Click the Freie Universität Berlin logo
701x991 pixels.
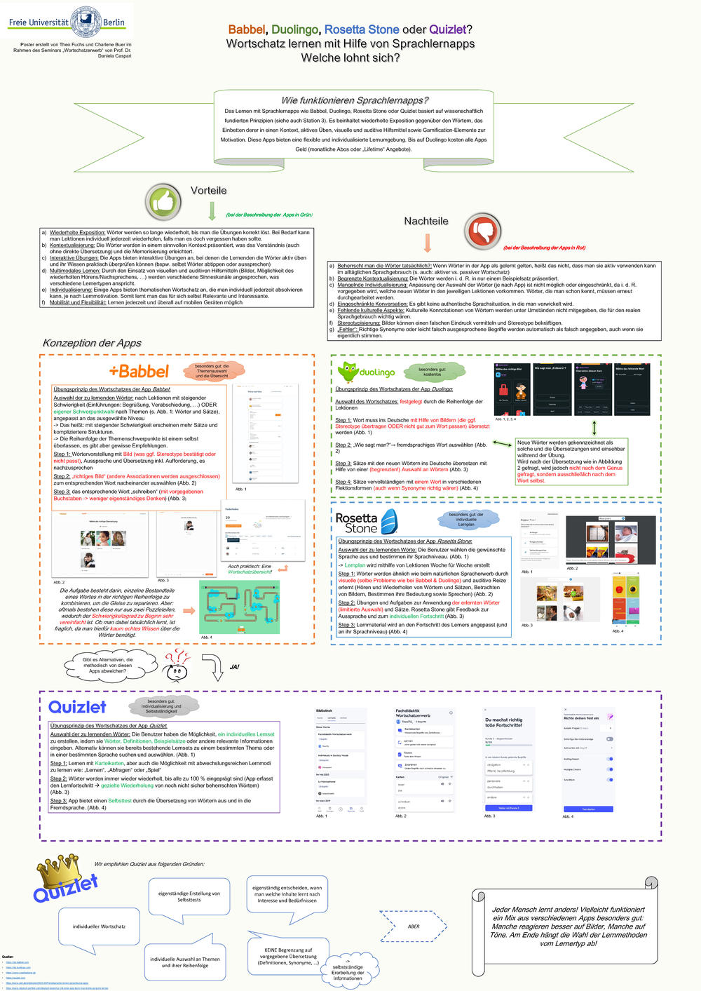(x=67, y=20)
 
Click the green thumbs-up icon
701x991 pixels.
(x=163, y=203)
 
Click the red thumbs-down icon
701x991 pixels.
(x=483, y=231)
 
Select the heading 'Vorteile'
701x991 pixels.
(x=209, y=191)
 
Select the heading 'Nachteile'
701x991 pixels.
(x=426, y=221)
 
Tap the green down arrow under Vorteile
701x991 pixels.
(x=212, y=211)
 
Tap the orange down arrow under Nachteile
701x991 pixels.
(x=427, y=243)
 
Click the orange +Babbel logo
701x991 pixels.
(x=139, y=371)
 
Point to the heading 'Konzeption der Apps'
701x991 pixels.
(x=92, y=343)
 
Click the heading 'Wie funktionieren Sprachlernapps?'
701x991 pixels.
(x=354, y=100)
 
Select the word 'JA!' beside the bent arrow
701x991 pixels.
(x=234, y=667)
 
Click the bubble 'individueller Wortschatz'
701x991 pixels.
(x=99, y=926)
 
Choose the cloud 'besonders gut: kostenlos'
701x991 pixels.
(x=432, y=372)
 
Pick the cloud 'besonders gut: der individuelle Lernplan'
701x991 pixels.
(x=466, y=519)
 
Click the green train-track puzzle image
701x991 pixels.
(x=239, y=607)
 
